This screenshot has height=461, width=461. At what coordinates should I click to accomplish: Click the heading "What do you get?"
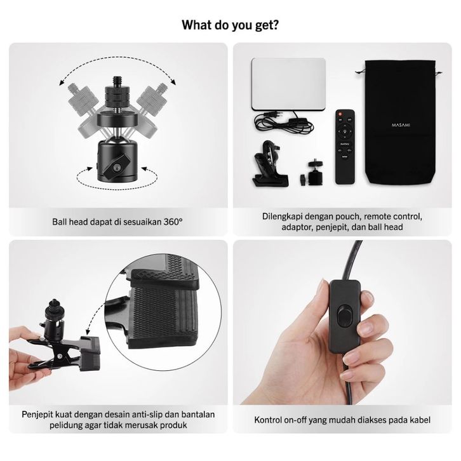230,25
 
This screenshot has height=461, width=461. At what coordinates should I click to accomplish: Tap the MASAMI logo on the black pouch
401,125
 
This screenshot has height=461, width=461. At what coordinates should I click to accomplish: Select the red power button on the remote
340,114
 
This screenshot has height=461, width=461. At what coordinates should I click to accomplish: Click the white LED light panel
289,84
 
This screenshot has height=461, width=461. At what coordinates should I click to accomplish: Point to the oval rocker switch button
344,316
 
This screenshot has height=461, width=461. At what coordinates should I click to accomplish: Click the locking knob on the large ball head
117,167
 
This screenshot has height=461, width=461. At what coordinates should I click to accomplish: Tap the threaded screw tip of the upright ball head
117,82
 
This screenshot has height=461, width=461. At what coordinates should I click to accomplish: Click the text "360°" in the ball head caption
173,222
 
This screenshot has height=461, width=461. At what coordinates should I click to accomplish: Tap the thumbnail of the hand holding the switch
342,323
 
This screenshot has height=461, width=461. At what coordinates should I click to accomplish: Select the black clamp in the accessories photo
270,164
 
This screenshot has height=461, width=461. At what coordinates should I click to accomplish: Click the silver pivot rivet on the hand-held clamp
60,356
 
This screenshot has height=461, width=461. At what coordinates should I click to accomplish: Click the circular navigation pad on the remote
345,131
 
